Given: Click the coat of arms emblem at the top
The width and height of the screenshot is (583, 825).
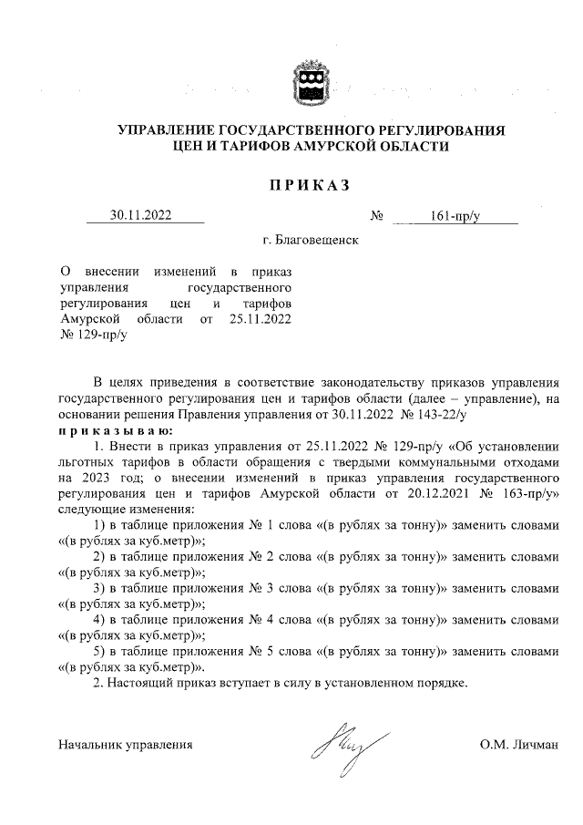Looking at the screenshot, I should point(308,81).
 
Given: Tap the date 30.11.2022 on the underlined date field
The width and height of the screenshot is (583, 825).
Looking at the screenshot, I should point(144,216).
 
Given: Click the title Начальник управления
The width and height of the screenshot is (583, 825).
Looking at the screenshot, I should point(125,745).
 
